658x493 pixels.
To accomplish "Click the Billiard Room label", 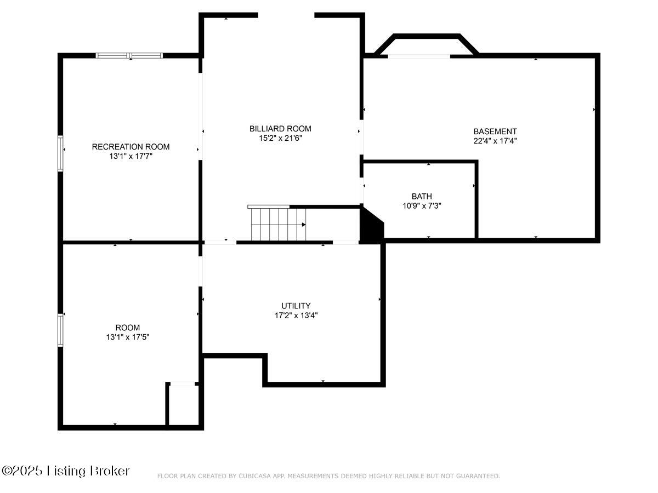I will tap(280, 129).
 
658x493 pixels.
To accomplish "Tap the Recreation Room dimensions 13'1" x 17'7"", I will tap(131, 156).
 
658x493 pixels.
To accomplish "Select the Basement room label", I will tap(495, 131).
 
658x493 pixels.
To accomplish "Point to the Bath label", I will tap(422, 196).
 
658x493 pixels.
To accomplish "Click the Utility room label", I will tap(296, 306).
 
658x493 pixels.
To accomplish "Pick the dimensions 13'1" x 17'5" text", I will tap(128, 337).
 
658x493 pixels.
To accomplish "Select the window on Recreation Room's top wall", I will tap(129, 55).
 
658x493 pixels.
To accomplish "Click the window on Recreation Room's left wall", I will tap(60, 153).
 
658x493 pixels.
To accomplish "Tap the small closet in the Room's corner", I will tap(183, 404).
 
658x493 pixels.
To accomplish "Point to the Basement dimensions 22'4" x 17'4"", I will tap(495, 141).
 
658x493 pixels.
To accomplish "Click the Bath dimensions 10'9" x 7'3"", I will tap(422, 205).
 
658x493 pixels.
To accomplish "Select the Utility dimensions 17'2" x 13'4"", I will tap(296, 315).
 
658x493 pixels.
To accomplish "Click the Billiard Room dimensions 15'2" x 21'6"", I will tap(280, 138).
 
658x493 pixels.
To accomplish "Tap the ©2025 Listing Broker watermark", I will tap(66, 471).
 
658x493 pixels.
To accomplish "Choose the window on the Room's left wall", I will tap(60, 330).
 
